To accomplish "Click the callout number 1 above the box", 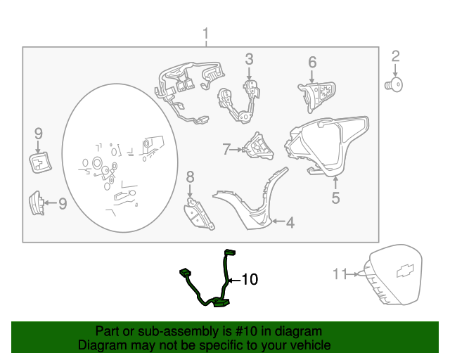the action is [205, 35].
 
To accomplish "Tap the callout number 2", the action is [395, 56].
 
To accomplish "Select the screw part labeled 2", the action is [394, 85].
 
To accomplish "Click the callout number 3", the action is [249, 59].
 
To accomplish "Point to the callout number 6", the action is [312, 63].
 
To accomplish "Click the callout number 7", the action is [226, 149].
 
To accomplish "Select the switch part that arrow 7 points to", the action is [258, 146].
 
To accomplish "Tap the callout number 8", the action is [191, 177].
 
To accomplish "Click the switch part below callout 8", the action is [199, 214].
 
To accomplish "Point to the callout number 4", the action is [290, 222].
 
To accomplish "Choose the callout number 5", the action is [335, 198].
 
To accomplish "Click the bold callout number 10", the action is [250, 280].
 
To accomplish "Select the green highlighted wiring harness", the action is [207, 278].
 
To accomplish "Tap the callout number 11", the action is [340, 274].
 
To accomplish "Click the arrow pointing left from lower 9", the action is [51, 202].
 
